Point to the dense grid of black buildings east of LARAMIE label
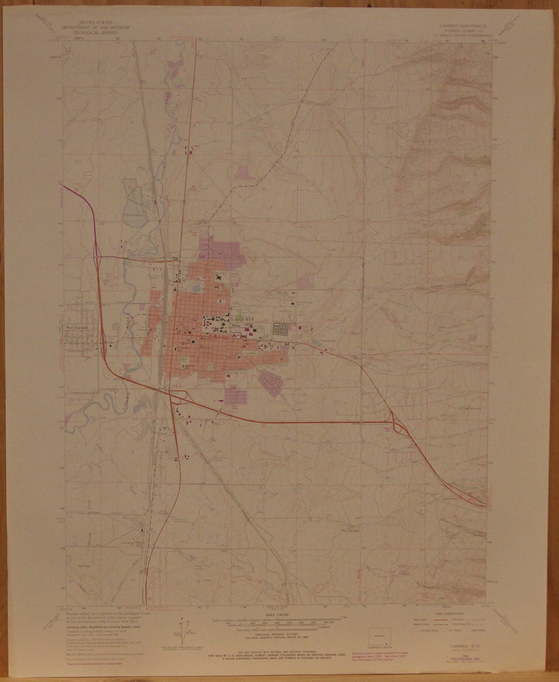point(281,328)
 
